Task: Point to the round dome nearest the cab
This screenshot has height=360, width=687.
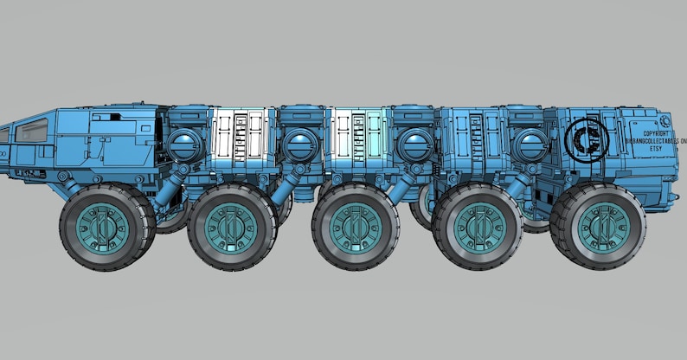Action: pos(183,144)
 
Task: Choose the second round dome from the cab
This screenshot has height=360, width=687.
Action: pos(300,144)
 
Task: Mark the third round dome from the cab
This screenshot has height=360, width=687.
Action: pos(414,144)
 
